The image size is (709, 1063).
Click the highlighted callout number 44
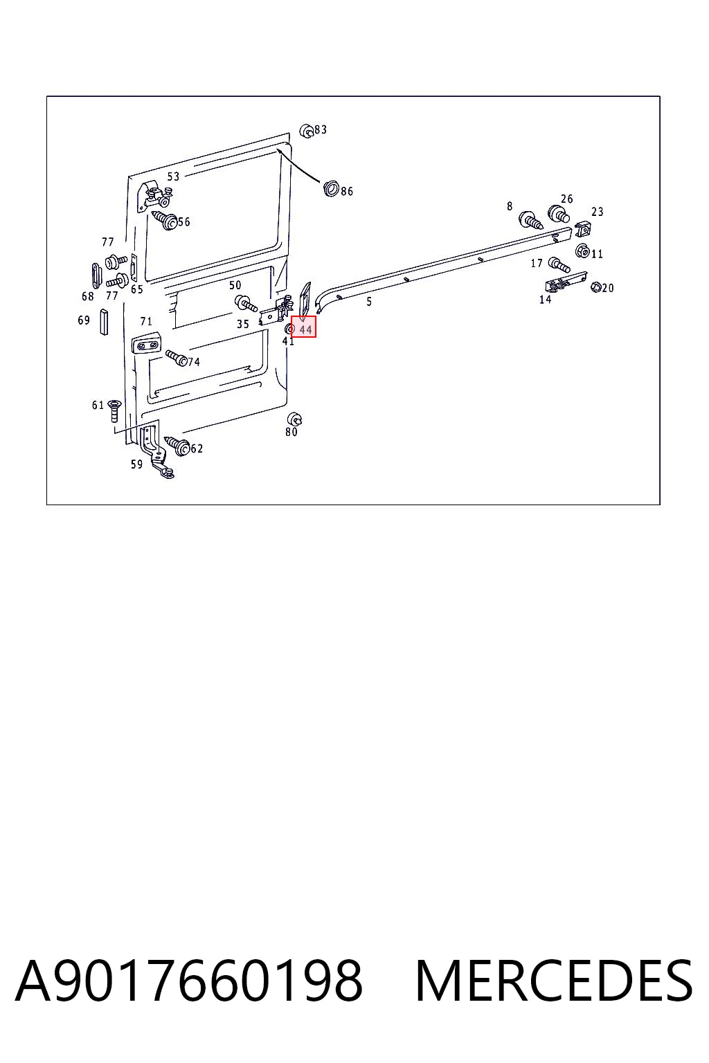tap(305, 329)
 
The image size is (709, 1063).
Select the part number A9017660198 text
tap(189, 981)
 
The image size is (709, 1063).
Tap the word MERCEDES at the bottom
tap(554, 981)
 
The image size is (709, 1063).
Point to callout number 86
tap(347, 191)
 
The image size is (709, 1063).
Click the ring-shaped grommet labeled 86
tap(331, 188)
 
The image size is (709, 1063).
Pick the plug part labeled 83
tap(307, 131)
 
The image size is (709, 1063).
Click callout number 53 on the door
tap(173, 176)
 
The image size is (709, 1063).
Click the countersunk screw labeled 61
tap(115, 410)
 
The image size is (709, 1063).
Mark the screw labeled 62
tap(177, 446)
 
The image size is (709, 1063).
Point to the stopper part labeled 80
tap(295, 419)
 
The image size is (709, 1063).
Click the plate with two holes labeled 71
tap(147, 345)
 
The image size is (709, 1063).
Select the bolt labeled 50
tap(246, 302)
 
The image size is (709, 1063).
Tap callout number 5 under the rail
tap(369, 301)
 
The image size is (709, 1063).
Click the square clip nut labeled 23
tap(583, 229)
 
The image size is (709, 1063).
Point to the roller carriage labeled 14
tap(566, 283)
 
